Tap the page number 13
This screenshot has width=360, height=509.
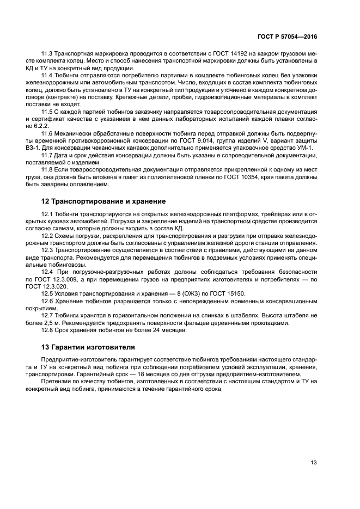[314, 463]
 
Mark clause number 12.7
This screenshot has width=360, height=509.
[48, 315]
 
